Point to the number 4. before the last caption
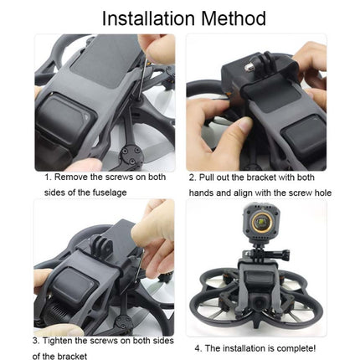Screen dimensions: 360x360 point(198,347)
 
